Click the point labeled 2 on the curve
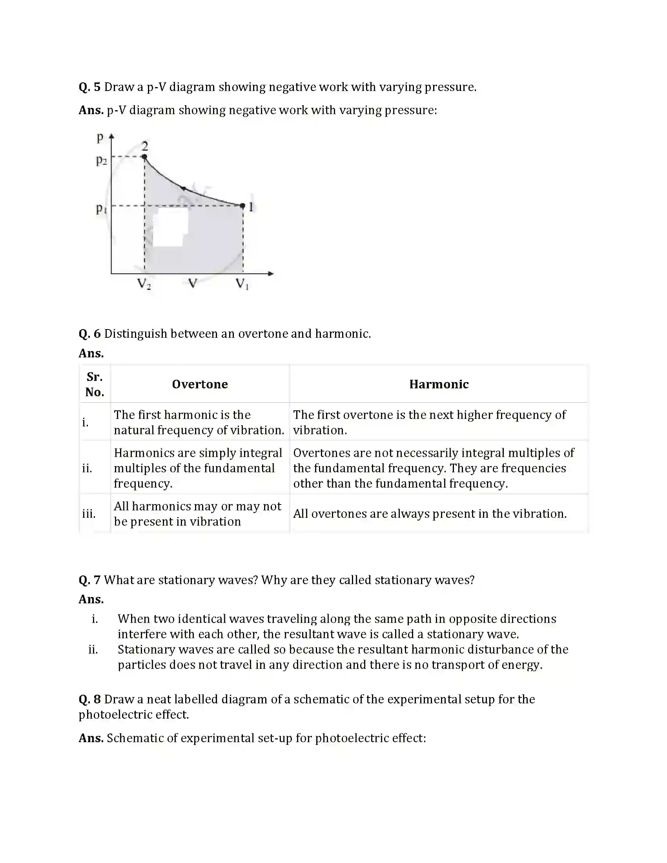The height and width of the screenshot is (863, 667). tap(145, 157)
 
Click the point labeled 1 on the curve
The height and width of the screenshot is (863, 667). tap(242, 206)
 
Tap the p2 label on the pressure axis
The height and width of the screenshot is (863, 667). tap(101, 160)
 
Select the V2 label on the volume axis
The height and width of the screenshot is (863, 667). tap(144, 284)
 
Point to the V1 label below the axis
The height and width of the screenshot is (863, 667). tap(242, 284)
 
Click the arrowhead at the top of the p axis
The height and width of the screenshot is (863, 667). tap(111, 136)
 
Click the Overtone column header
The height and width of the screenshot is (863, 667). tap(200, 384)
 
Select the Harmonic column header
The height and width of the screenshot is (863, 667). tap(439, 384)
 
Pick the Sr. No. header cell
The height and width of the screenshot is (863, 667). tap(95, 384)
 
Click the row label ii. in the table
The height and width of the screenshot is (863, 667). tap(87, 468)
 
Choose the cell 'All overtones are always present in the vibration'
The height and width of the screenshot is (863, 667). tap(430, 514)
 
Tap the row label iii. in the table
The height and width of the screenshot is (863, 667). tap(89, 514)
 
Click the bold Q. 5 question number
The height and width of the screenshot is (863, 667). tap(90, 87)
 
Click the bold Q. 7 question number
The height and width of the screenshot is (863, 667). tap(90, 580)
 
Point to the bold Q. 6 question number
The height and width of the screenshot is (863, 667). tap(90, 334)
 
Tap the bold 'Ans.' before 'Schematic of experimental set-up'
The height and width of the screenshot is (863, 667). tap(91, 738)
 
